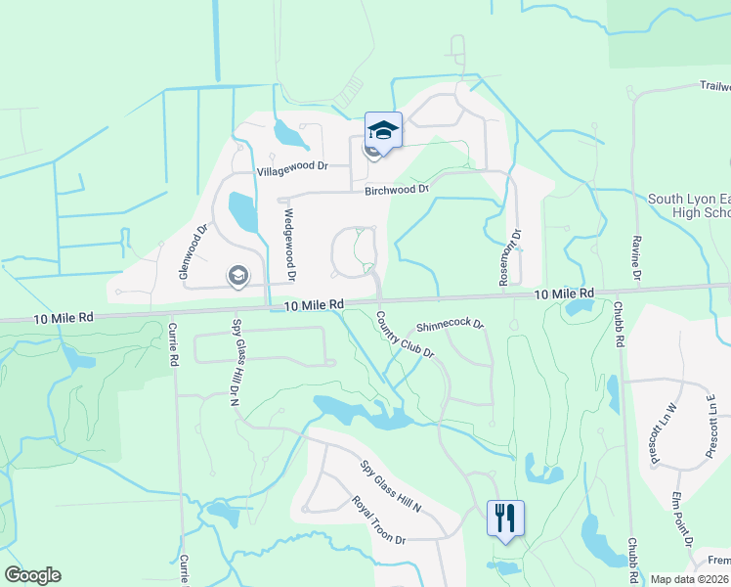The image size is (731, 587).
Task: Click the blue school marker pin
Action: click(x=383, y=131)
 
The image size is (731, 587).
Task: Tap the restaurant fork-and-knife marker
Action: click(x=505, y=518)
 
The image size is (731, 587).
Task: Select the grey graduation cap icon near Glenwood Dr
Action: click(x=237, y=276)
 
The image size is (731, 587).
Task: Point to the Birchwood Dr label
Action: click(x=397, y=190)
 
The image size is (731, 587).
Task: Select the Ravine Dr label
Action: click(x=635, y=260)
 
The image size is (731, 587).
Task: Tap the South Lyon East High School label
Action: click(x=690, y=205)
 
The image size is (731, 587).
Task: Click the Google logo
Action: click(x=32, y=575)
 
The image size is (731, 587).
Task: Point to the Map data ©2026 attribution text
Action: click(x=690, y=579)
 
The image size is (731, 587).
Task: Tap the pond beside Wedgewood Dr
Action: click(x=242, y=210)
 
